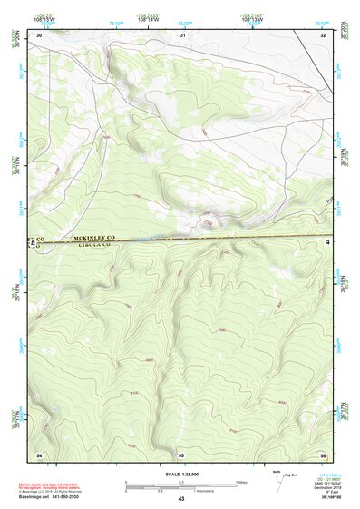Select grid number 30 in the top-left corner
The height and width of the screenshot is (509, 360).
[x=39, y=34]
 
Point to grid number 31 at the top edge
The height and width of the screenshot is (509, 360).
[x=182, y=34]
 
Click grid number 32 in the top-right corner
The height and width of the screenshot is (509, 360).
[x=323, y=34]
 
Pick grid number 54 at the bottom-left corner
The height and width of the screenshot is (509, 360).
[x=39, y=453]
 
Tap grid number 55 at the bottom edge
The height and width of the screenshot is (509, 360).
[x=181, y=453]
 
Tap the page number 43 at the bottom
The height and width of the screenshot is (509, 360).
[x=180, y=499]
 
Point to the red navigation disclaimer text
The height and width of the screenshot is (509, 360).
[x=51, y=486]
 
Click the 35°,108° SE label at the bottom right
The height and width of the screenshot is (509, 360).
[x=322, y=499]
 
